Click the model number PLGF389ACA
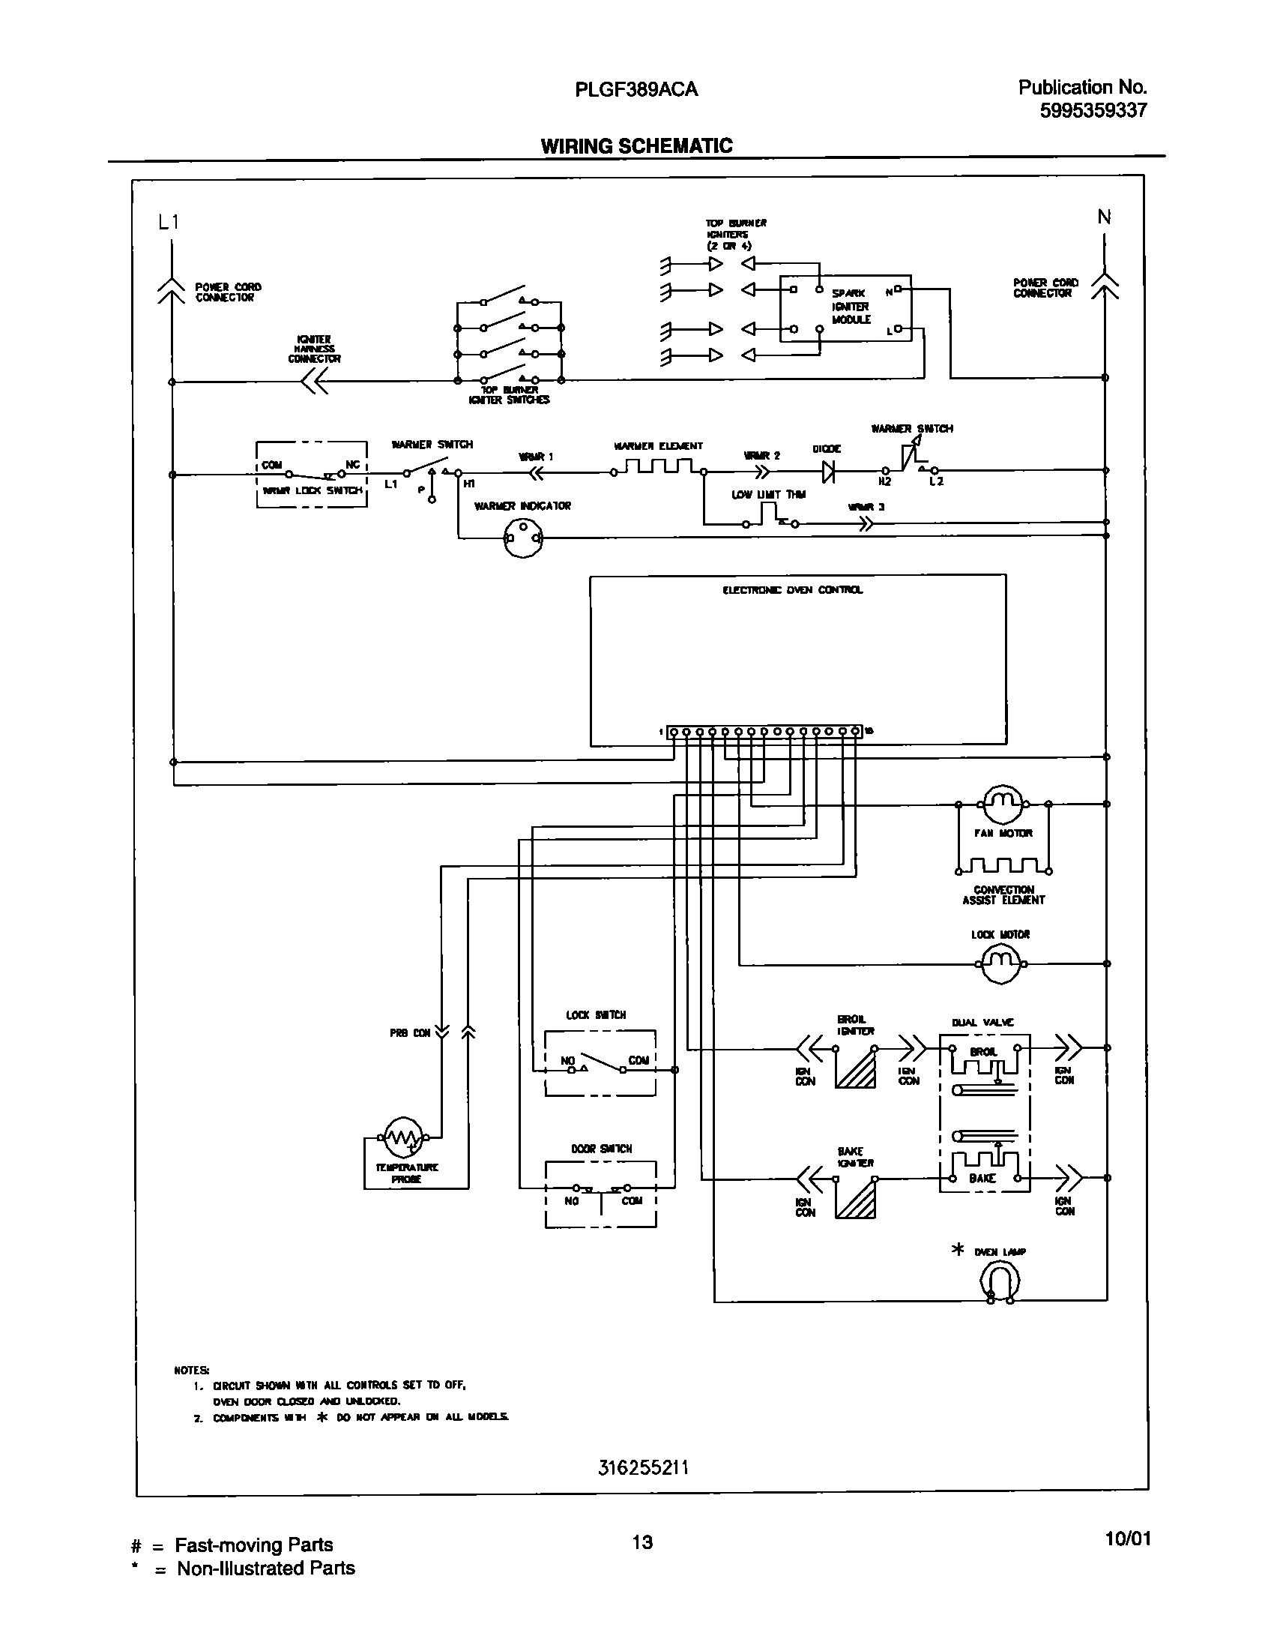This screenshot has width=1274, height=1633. coord(636,89)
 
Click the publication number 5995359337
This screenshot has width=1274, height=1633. coord(1093,111)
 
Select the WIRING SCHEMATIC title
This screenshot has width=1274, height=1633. coord(636,146)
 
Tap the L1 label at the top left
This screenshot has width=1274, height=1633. coord(169,222)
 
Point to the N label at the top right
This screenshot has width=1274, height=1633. coord(1104,217)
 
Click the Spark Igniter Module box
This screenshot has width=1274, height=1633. coord(846,308)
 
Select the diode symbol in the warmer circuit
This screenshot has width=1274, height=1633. coord(828,472)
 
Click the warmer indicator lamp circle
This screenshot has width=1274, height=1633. coord(523,538)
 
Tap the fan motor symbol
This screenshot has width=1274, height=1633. coord(1003,804)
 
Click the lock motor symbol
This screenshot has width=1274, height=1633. coord(1000,964)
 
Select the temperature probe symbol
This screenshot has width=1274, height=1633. coord(403,1137)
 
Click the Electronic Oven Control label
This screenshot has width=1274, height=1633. coord(792,590)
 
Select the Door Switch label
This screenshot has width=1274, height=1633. coord(601,1149)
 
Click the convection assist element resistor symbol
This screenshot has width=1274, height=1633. coord(1003,867)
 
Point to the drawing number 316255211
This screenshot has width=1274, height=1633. coord(643,1467)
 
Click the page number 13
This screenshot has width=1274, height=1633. coord(642,1542)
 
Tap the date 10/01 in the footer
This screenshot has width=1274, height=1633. coord(1127,1539)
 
